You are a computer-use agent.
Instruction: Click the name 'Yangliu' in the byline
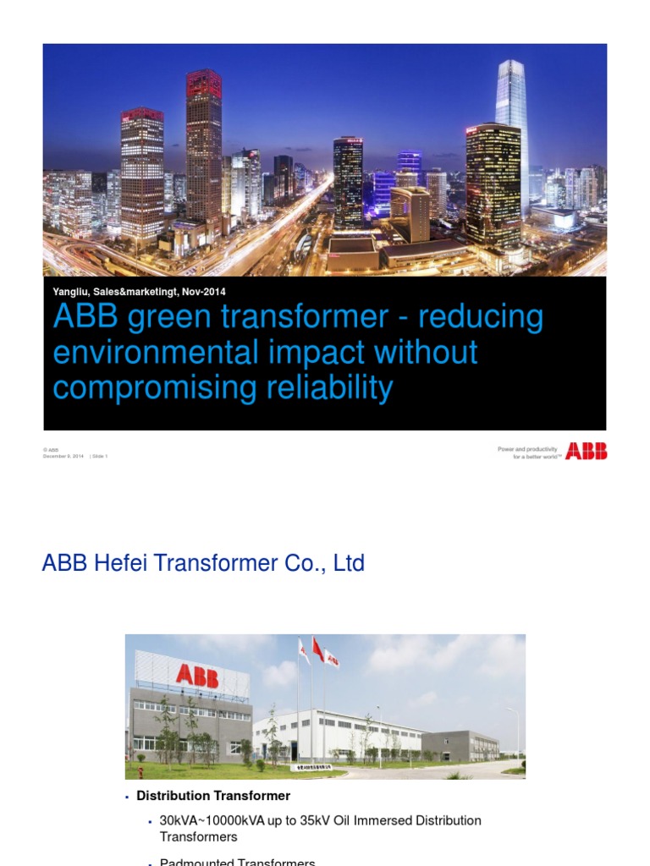coord(71,292)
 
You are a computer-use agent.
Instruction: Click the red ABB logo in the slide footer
coord(587,452)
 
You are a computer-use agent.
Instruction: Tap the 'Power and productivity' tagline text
coord(527,449)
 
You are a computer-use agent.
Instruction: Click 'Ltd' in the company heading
coord(349,563)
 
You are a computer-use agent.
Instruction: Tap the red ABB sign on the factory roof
coord(196,674)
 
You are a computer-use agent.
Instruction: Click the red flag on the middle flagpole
coord(317,649)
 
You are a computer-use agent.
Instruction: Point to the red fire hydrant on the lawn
coord(140,771)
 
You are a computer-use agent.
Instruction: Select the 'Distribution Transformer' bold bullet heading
coord(213,796)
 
